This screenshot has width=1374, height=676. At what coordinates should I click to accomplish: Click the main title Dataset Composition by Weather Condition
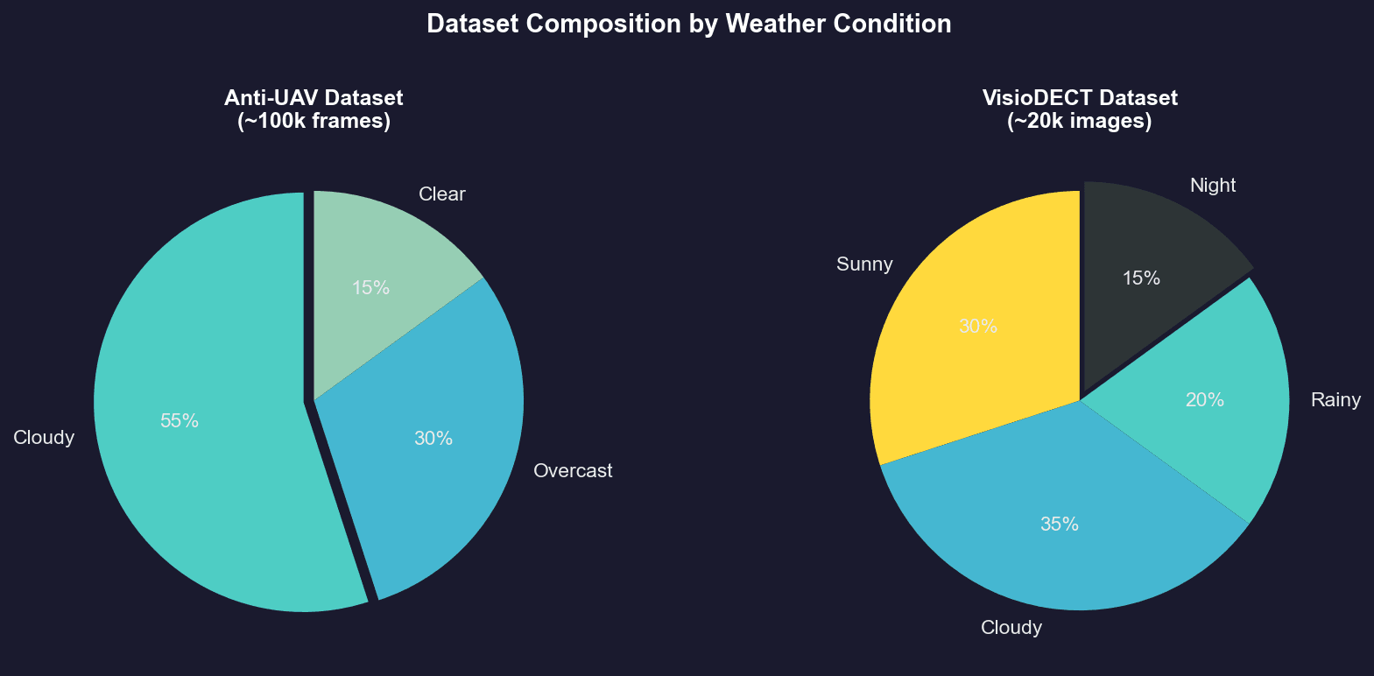(x=688, y=24)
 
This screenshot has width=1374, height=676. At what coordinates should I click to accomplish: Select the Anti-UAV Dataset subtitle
(x=314, y=109)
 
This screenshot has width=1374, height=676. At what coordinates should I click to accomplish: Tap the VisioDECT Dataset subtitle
(x=1079, y=109)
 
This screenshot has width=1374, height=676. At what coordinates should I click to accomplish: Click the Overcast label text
(x=573, y=471)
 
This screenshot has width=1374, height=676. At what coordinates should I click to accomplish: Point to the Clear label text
(x=441, y=194)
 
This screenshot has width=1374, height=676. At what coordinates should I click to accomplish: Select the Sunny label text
(x=864, y=264)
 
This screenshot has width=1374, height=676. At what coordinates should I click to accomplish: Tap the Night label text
(x=1213, y=186)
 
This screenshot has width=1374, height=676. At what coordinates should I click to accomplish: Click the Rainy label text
(x=1335, y=400)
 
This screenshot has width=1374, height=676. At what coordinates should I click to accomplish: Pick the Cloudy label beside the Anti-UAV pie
(x=44, y=438)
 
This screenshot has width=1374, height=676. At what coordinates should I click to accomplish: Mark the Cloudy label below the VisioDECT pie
(x=1011, y=628)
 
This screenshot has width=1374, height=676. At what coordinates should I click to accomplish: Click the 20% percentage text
(x=1204, y=400)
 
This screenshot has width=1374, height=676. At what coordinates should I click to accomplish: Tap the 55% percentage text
(x=180, y=421)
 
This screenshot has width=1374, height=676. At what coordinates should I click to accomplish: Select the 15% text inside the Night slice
(x=1141, y=278)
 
